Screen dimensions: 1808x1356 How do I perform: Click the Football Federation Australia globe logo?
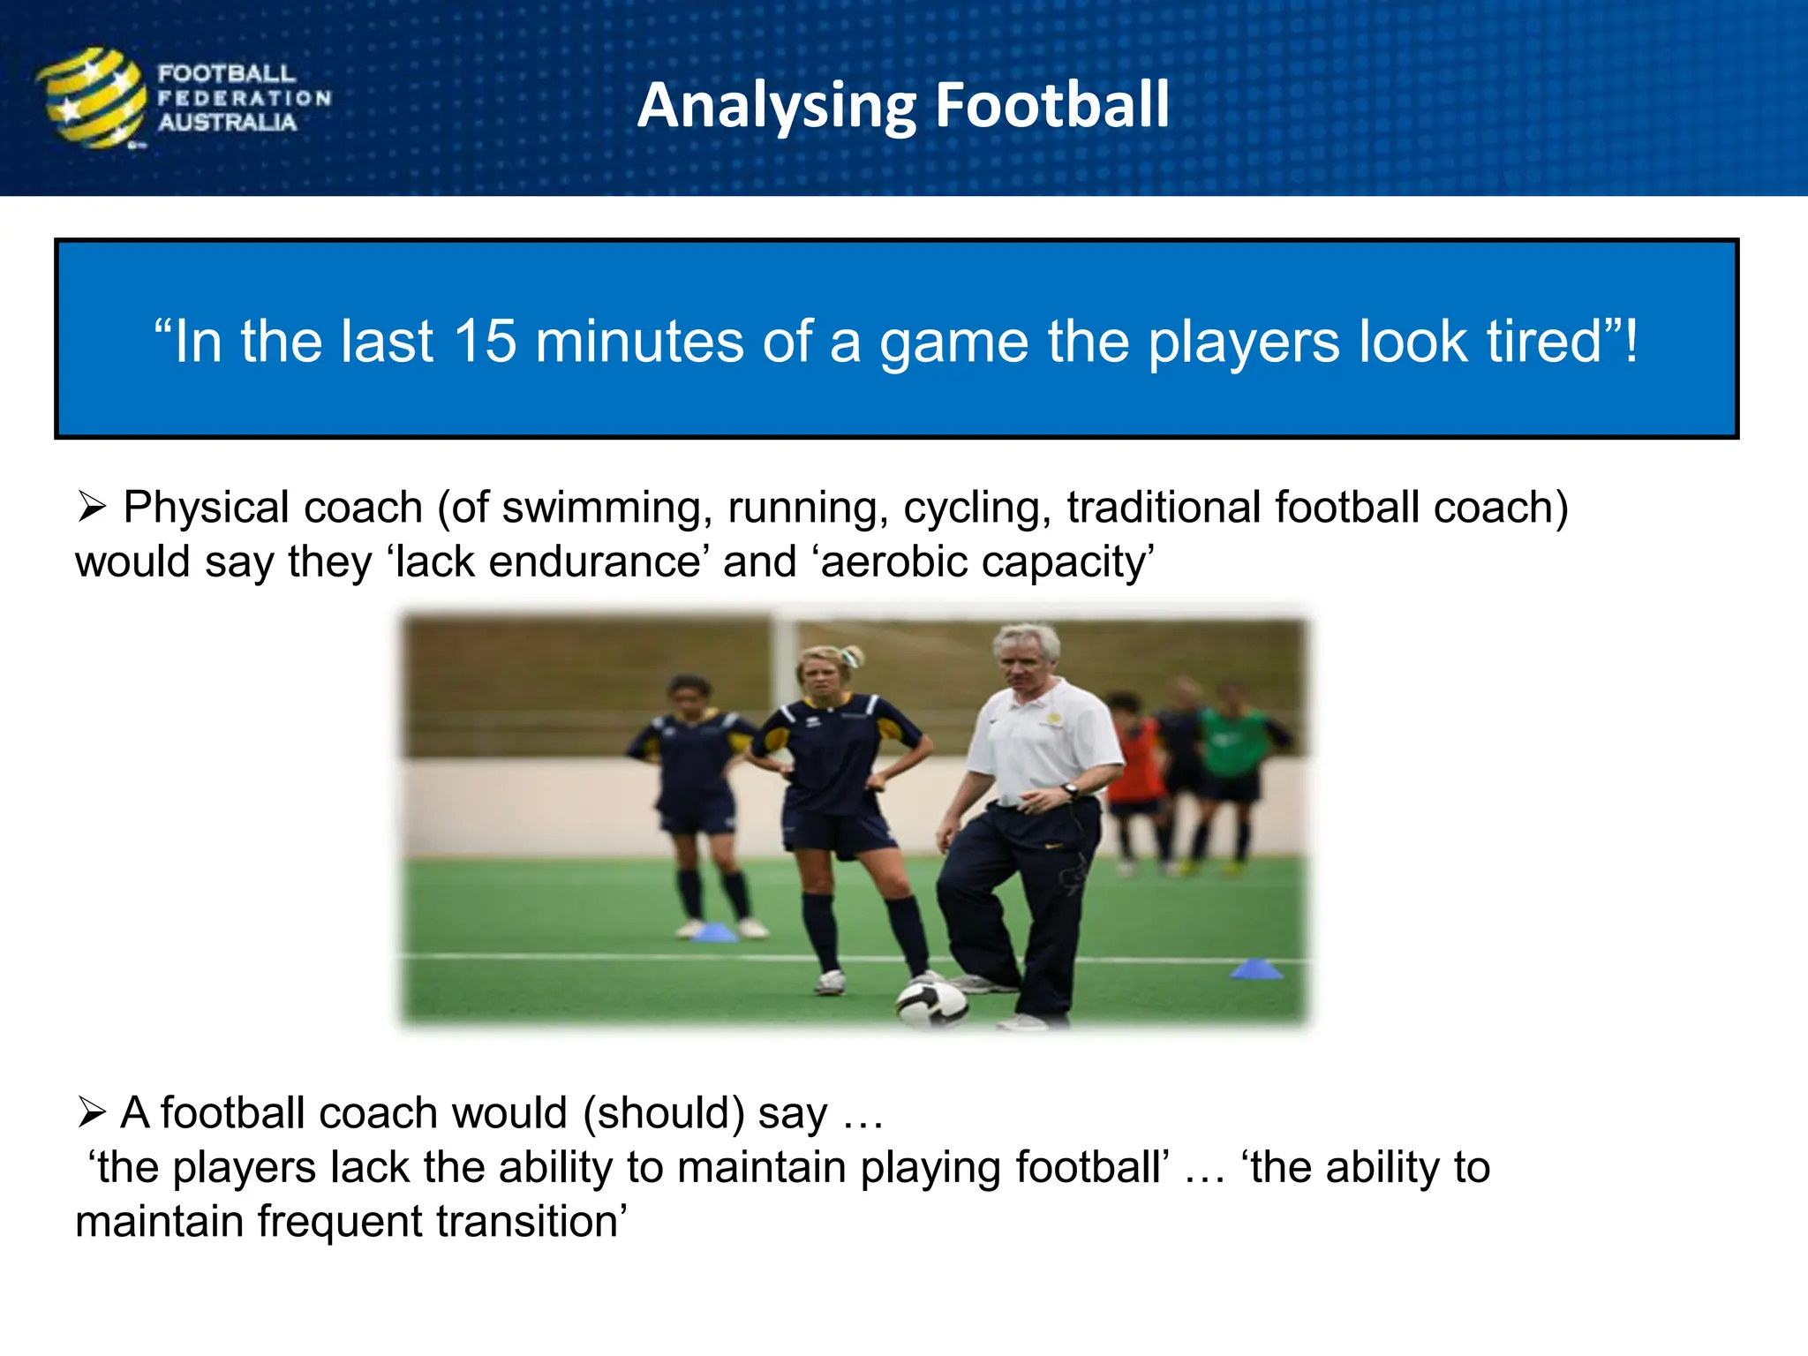91,98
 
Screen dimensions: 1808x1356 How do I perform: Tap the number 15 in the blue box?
484,342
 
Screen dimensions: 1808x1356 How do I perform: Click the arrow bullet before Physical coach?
92,508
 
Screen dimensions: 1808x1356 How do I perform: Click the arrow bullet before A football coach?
92,1112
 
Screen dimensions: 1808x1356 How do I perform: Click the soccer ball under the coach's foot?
931,1003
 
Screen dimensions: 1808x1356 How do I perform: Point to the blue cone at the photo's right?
1256,969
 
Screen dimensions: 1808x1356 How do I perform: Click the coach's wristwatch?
1070,790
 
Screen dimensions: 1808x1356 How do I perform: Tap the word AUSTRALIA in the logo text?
227,123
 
